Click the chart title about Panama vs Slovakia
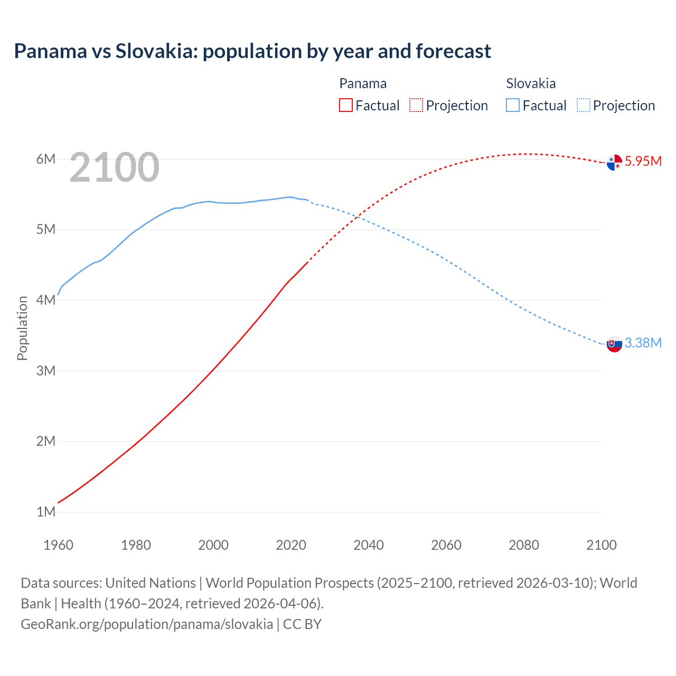[252, 51]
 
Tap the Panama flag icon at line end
[614, 162]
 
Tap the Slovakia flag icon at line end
[614, 344]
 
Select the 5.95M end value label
[643, 161]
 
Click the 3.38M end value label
[643, 343]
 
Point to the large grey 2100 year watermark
[114, 167]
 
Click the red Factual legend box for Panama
[346, 105]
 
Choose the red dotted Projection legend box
[416, 105]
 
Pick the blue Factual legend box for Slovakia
[513, 105]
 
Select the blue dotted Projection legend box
[584, 105]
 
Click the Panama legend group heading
[363, 83]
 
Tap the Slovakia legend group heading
[531, 83]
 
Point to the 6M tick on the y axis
[46, 159]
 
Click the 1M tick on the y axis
[46, 512]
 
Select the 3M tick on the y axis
[46, 371]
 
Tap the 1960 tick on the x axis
[58, 545]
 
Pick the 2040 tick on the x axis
[369, 545]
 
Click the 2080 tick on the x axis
[524, 545]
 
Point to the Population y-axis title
[22, 328]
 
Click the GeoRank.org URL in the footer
[147, 624]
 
